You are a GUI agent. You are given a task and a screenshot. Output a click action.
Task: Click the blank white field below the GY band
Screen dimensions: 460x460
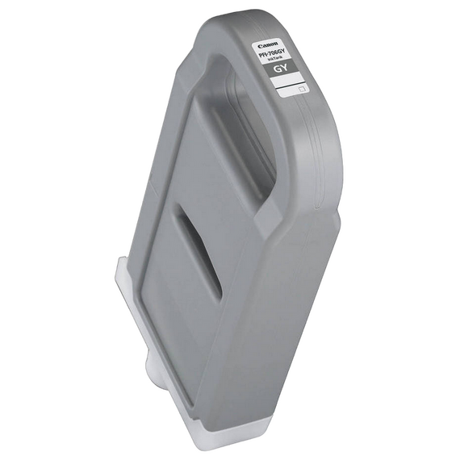[x=286, y=87]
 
